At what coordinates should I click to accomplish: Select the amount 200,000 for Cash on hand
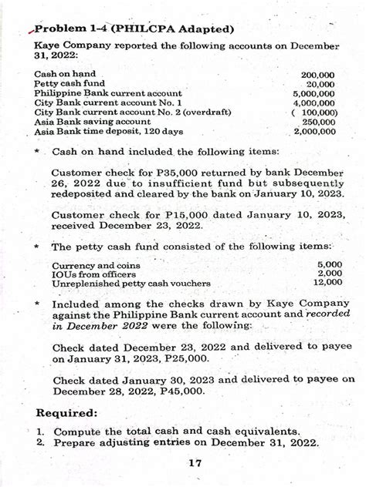click(x=317, y=75)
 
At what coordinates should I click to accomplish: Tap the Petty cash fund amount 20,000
click(x=320, y=84)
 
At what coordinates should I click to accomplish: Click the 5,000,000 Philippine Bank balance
click(x=314, y=94)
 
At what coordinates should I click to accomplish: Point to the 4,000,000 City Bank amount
click(x=314, y=103)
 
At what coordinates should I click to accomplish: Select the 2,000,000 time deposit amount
click(x=314, y=131)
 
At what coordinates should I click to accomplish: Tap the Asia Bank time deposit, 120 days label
click(x=108, y=132)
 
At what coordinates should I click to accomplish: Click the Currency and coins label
click(x=96, y=265)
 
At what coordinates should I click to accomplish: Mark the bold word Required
click(x=67, y=413)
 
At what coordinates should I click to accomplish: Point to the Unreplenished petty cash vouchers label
click(x=131, y=284)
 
